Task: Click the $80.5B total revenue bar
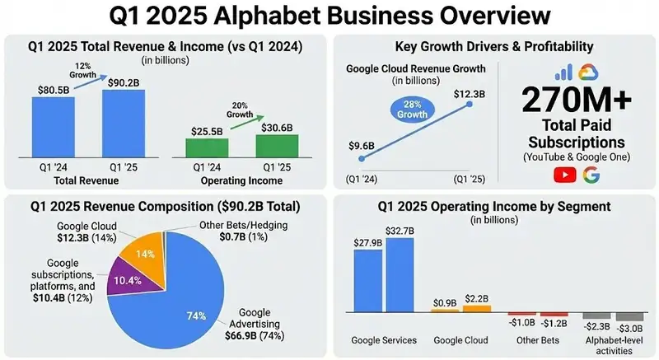[54, 128]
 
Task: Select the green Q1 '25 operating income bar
[277, 146]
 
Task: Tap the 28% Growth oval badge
[413, 110]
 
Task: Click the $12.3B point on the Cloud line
[470, 104]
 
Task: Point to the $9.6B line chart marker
[362, 158]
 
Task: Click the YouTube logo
[565, 175]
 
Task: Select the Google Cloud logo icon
[588, 72]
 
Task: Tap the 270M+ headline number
[577, 100]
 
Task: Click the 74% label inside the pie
[196, 316]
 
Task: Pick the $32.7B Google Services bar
[400, 275]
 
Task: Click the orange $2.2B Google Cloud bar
[477, 309]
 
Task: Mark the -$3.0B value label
[629, 329]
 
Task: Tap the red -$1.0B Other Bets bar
[522, 314]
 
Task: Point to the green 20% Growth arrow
[246, 122]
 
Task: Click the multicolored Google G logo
[591, 175]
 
